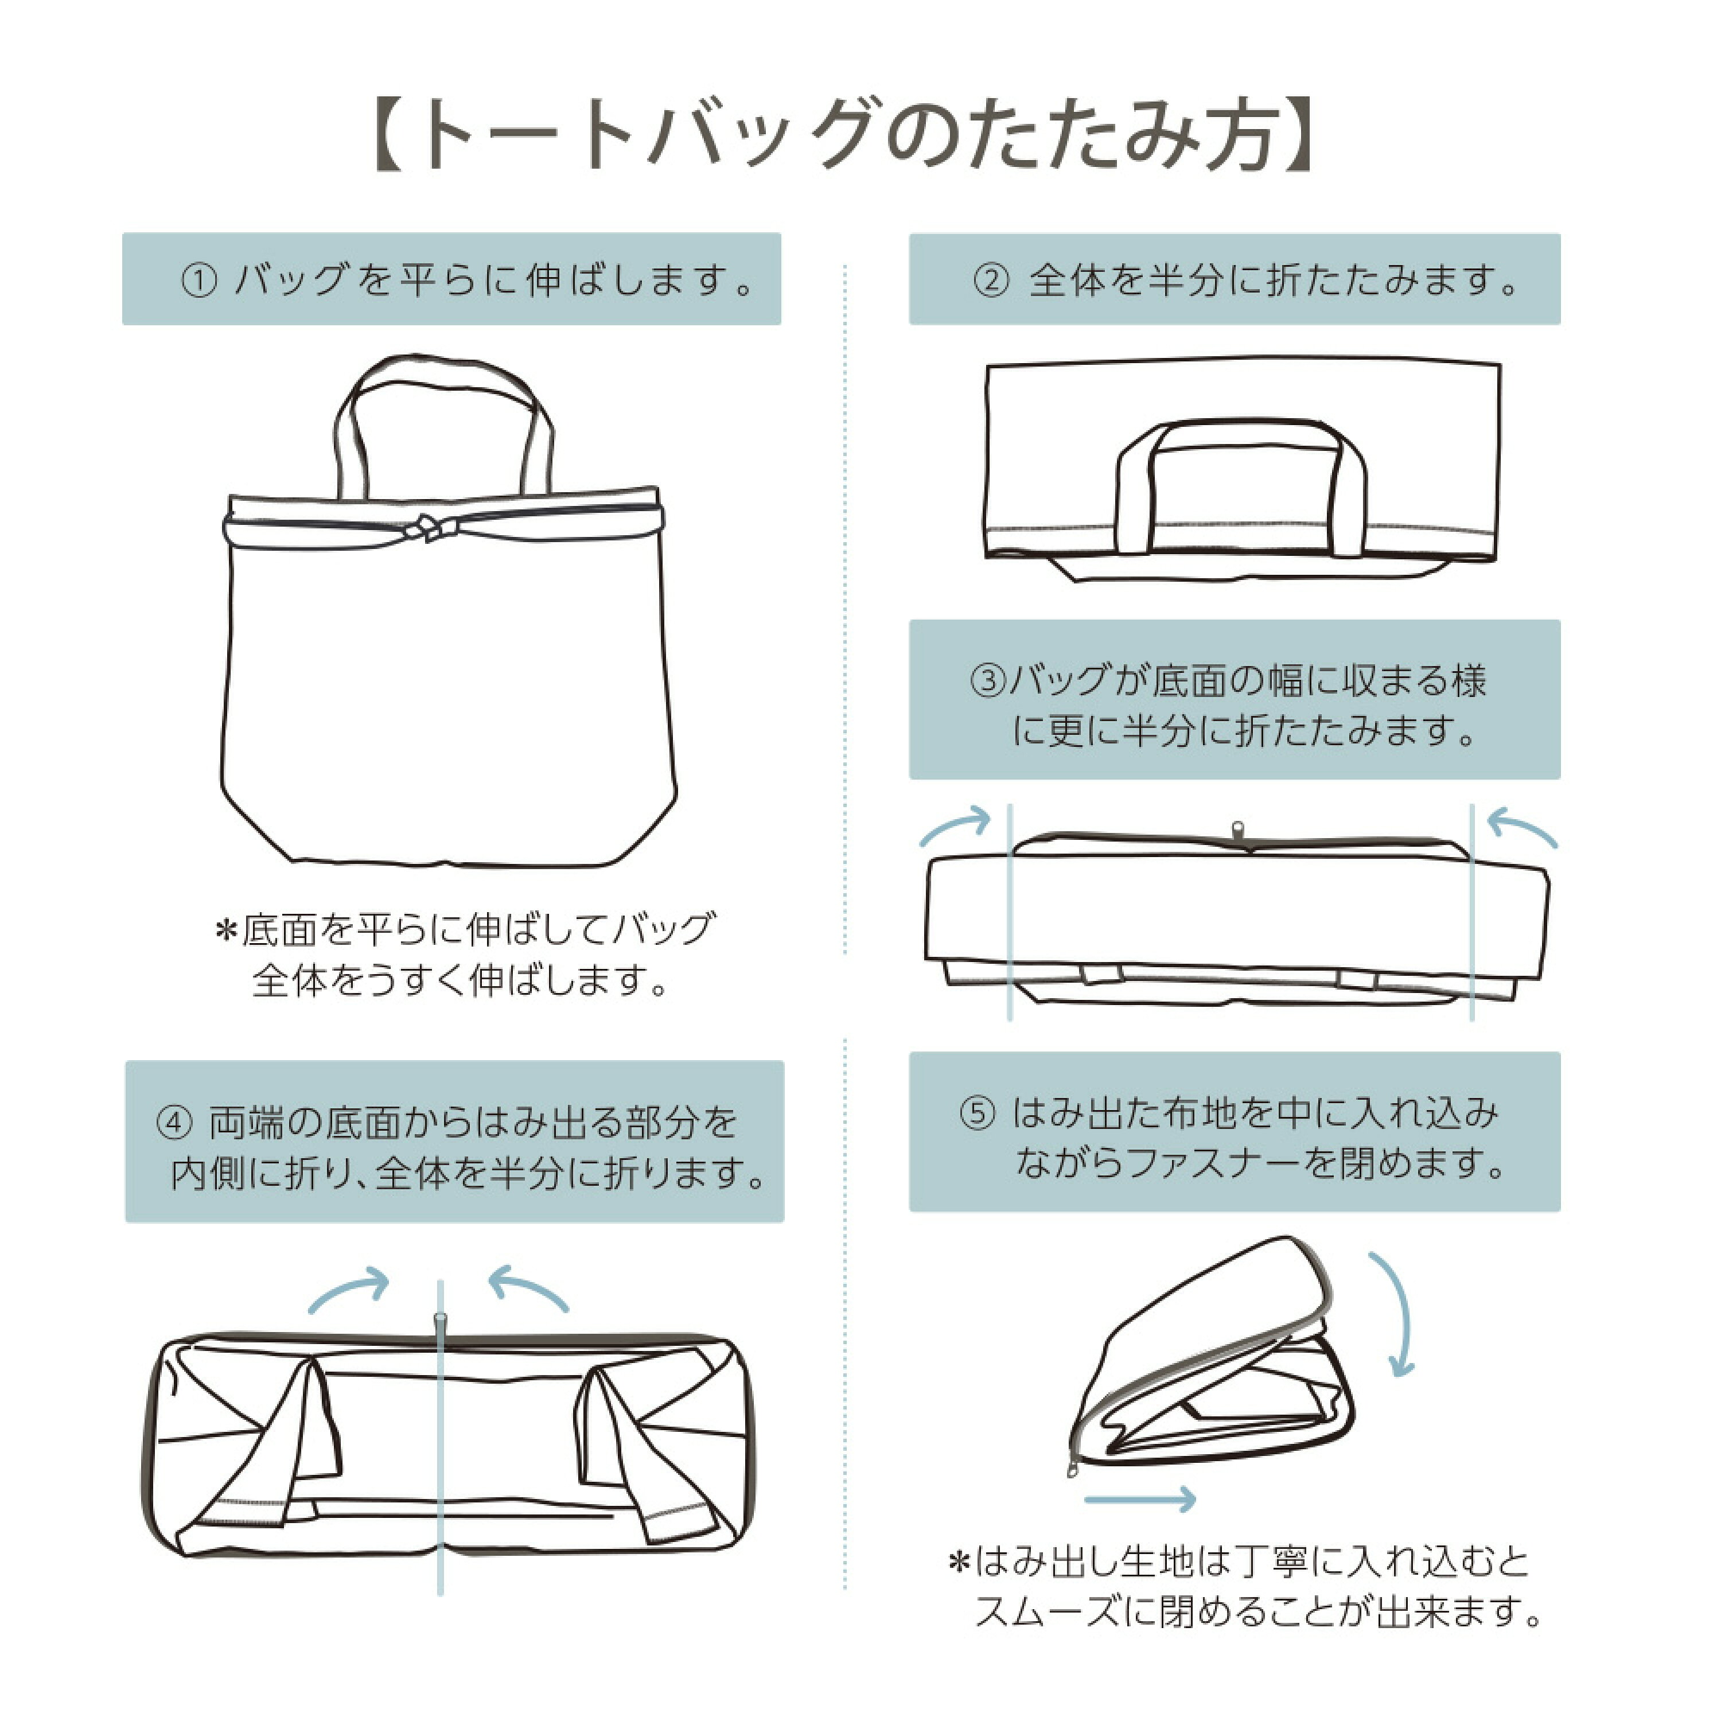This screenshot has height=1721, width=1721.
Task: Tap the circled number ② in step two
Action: point(991,282)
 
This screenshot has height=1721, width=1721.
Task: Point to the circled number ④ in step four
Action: point(174,1123)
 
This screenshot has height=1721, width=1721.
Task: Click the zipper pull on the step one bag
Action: point(426,529)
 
